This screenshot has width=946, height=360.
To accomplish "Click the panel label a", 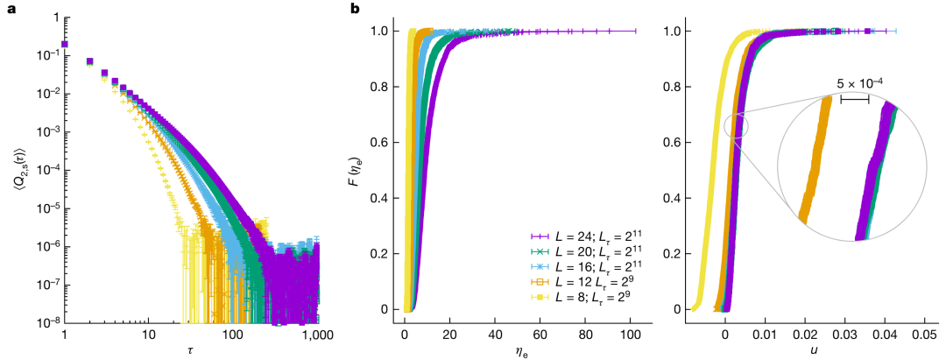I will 7,9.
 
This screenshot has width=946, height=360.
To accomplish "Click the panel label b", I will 355,9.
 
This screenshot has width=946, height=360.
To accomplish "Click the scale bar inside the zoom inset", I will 854,99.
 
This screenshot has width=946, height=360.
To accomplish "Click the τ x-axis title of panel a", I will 191,350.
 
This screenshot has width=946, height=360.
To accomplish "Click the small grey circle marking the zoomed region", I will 737,125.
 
